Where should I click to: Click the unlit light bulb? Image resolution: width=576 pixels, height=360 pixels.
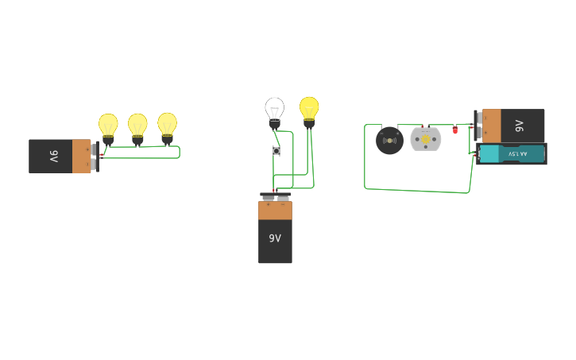point(274,110)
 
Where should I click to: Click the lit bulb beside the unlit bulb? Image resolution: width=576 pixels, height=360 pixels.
point(309,109)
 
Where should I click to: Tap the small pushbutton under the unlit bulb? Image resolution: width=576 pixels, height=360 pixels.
point(276,150)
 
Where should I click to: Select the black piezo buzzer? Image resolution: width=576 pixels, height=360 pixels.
point(389,141)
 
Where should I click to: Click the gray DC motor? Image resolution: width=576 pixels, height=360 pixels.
point(425,140)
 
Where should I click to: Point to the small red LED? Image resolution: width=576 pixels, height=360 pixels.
point(455,130)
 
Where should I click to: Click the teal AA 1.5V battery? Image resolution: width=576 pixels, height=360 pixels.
point(512,153)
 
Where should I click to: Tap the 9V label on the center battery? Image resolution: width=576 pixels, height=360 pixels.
point(275,238)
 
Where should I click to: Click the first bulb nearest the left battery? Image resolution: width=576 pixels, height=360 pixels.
point(108,126)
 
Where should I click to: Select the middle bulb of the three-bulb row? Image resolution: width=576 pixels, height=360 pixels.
point(137,126)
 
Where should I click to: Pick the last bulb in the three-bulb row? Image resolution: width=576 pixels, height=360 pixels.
point(167,125)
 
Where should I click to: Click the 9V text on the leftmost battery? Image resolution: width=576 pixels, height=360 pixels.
point(53,157)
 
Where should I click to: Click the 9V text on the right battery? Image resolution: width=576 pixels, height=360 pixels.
point(519,126)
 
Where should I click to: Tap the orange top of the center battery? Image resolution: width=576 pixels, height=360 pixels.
point(275,211)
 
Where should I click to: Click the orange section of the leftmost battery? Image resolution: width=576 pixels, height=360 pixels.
point(81,157)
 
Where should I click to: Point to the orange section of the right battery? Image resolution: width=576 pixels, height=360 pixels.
point(492,126)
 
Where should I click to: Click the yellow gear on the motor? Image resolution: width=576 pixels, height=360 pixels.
point(425,140)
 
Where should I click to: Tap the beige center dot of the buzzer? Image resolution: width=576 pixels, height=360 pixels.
point(389,141)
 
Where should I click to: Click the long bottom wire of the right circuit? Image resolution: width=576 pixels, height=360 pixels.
point(417,191)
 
